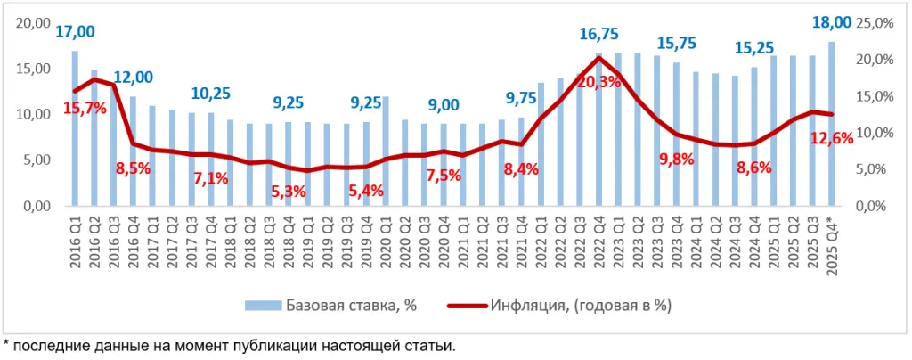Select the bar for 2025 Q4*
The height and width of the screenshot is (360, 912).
[x=832, y=124]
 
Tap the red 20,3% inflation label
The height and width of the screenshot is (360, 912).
[x=598, y=82]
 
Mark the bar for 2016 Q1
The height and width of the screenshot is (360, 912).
[x=75, y=128]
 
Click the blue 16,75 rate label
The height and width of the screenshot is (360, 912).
[x=598, y=34]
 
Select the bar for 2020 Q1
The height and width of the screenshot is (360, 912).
[x=386, y=151]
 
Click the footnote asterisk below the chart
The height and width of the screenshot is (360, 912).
[x=6, y=344]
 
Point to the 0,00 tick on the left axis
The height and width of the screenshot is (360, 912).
[x=37, y=207]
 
